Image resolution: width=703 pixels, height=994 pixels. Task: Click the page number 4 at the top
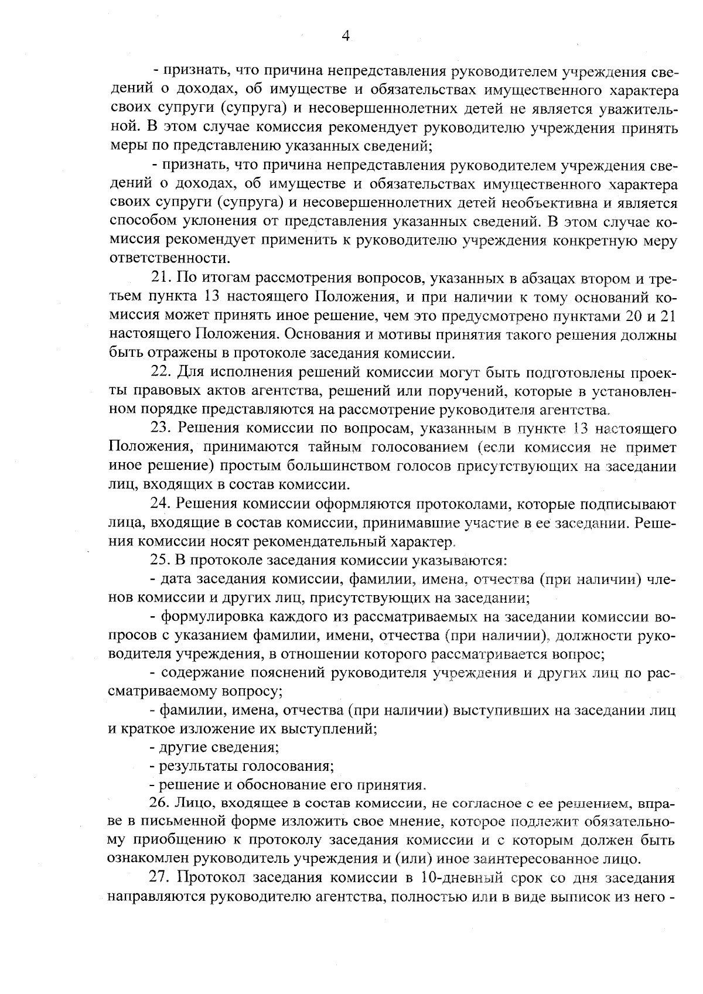[x=346, y=36]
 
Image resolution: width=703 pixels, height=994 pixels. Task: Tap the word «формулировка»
[x=212, y=617]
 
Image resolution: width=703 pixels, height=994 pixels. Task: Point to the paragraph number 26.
[x=159, y=802]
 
